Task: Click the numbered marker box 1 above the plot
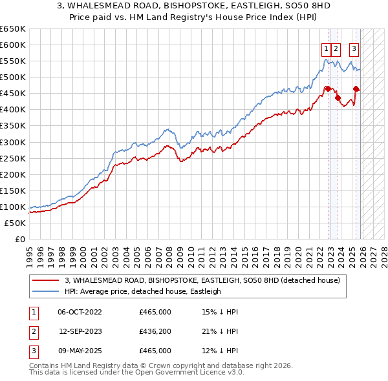point(327,48)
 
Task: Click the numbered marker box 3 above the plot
point(354,48)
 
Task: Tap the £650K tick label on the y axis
point(13,29)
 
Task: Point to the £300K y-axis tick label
point(13,142)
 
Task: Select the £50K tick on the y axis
point(16,223)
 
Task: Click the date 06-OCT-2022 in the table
point(80,312)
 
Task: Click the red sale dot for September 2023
point(338,98)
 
